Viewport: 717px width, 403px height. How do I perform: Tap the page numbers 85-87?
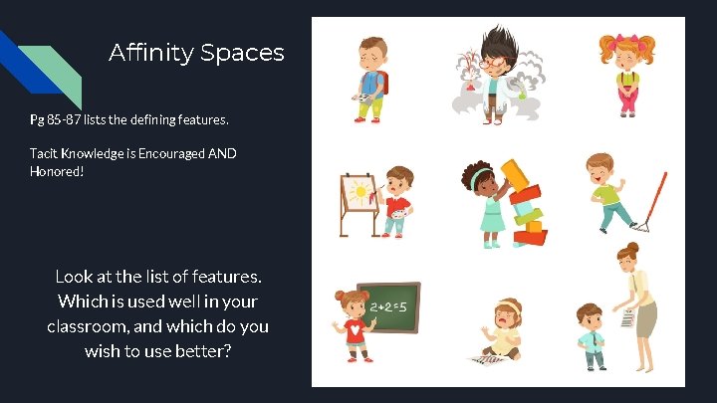(x=68, y=119)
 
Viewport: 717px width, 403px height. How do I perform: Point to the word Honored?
(x=57, y=171)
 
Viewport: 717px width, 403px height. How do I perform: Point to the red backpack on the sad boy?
(x=383, y=81)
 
